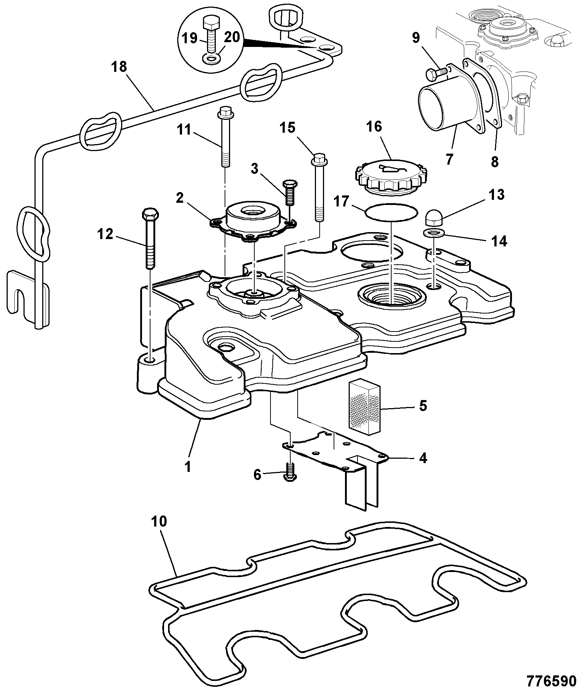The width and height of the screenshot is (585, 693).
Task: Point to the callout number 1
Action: (x=188, y=467)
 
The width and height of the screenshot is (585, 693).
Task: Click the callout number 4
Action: (x=423, y=458)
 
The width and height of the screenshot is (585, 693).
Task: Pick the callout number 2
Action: (x=179, y=198)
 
